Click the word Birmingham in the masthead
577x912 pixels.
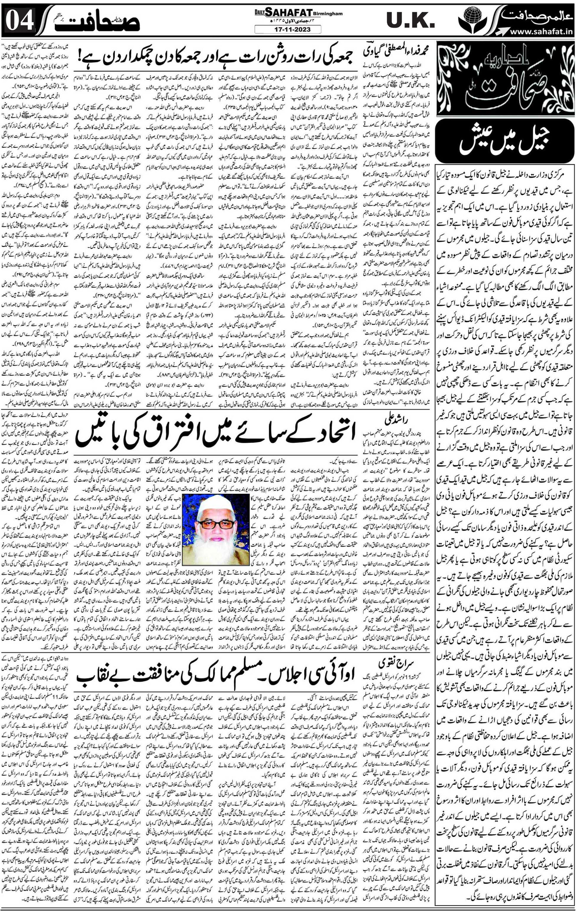328,14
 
